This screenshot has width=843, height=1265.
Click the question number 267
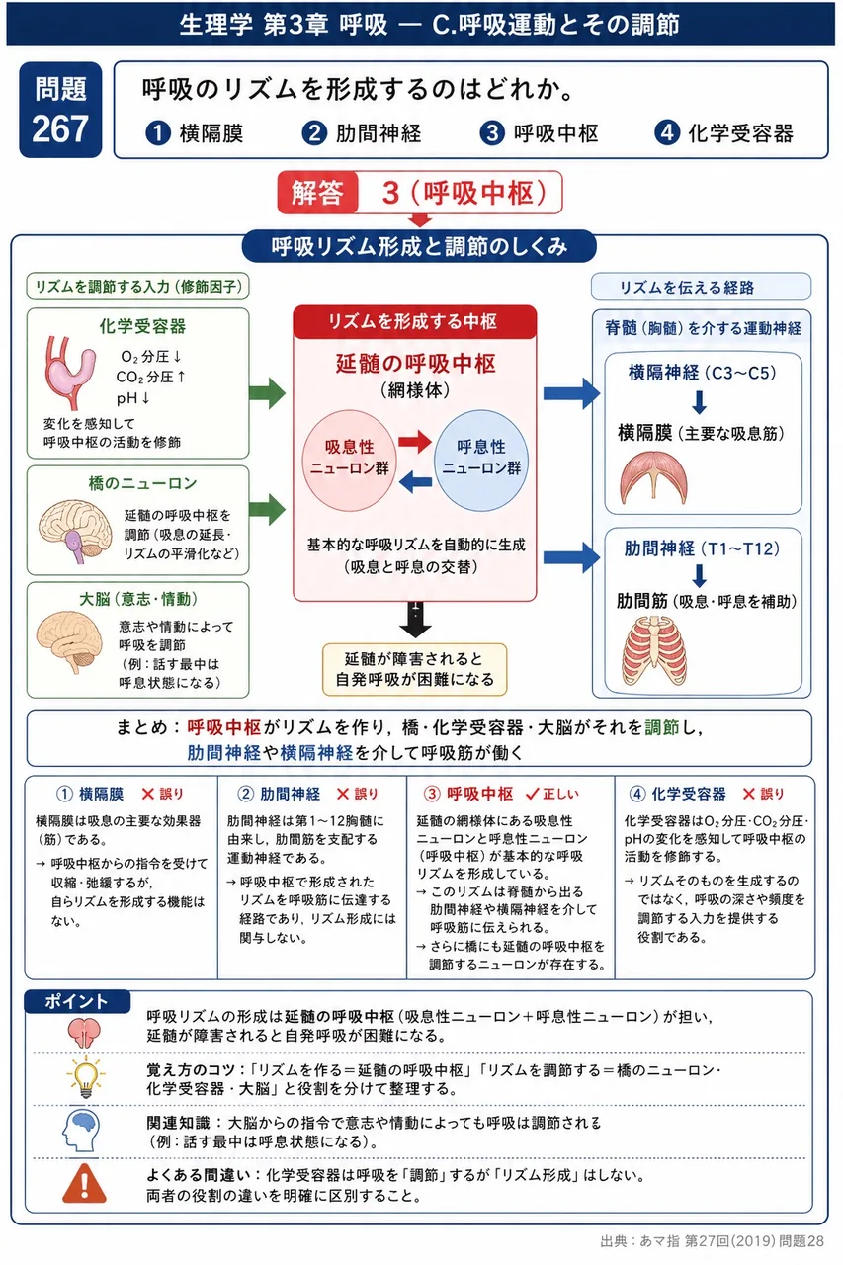coord(60,128)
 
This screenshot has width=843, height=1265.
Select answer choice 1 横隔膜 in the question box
coord(195,133)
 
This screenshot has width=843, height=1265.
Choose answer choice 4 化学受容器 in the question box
coord(723,133)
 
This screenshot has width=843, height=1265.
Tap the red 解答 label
coord(317,193)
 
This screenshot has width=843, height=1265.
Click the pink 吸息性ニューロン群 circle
coord(349,461)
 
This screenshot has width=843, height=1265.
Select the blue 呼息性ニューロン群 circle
coord(481,461)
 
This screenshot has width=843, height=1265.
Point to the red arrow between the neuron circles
coord(414,441)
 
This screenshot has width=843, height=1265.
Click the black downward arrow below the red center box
coord(415,620)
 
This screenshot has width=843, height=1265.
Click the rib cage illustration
coord(654,650)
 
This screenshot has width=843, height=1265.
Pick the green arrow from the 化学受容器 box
coord(267,393)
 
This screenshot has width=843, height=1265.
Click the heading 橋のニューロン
coord(142,483)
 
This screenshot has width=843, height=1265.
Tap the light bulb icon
coord(85,1077)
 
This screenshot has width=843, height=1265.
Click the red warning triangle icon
coord(85,1183)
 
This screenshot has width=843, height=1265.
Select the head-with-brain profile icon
coord(82,1131)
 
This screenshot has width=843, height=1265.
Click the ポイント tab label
coord(76,1001)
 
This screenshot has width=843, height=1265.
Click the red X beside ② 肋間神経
coord(342,794)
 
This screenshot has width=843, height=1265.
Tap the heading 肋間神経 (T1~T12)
coord(702,548)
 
